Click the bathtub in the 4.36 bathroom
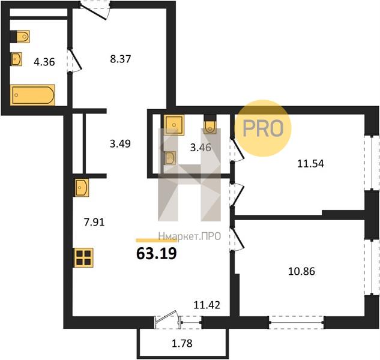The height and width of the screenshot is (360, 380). point(32,95)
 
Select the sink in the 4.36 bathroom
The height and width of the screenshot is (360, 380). point(16,59)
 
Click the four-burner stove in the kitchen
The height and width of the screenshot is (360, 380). point(83,258)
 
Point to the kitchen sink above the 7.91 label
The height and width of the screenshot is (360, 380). point(82,188)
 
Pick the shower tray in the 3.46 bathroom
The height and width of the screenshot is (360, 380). point(174,125)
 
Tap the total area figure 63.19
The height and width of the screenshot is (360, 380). point(157,254)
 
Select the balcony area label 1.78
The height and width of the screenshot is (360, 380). point(182,343)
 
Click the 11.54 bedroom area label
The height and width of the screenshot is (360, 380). point(310,164)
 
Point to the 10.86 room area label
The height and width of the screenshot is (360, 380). point(301,271)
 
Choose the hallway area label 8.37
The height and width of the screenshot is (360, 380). point(121,59)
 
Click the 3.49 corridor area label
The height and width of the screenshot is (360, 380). point(120,143)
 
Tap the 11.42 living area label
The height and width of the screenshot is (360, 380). point(207,305)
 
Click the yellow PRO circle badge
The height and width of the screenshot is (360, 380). point(263,128)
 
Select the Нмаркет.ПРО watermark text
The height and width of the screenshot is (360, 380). point(190,236)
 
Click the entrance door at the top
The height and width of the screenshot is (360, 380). point(95,10)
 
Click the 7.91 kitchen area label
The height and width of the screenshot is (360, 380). point(94,222)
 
